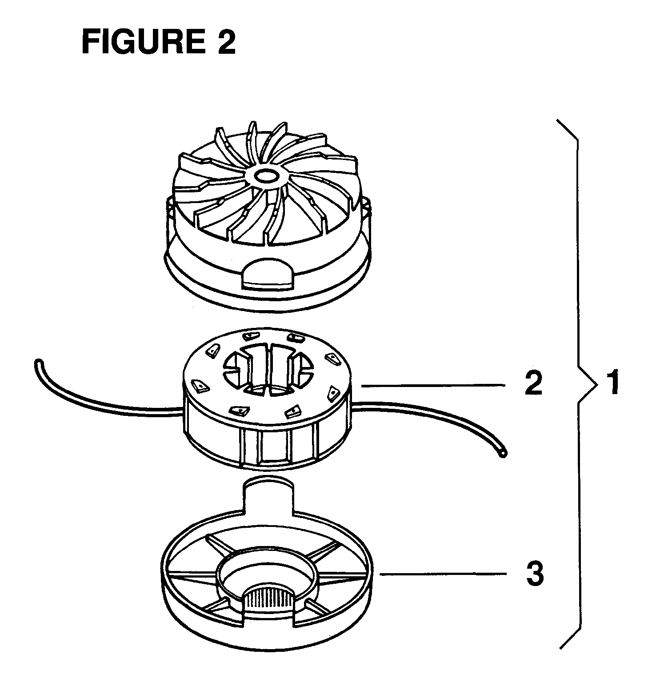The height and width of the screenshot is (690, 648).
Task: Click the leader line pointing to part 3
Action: [x=443, y=574]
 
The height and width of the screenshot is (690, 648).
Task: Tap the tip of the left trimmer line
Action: [x=37, y=362]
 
